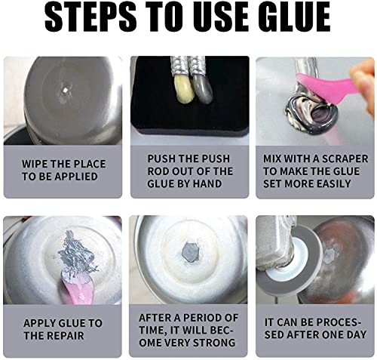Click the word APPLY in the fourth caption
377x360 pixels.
[41, 323]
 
